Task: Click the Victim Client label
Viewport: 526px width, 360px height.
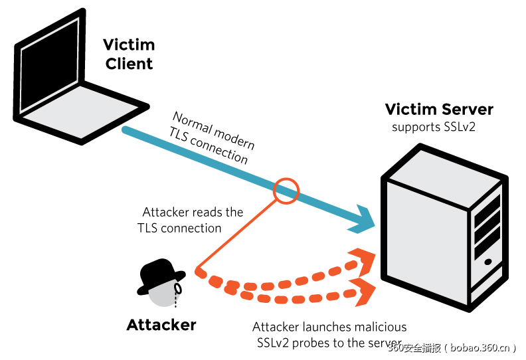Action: [129, 54]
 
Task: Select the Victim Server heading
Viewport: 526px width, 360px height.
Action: [439, 110]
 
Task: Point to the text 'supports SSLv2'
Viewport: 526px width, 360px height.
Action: [434, 127]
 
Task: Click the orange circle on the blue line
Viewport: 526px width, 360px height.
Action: [287, 190]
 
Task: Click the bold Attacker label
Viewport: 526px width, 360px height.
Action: [161, 325]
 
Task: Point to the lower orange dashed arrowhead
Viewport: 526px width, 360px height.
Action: [365, 292]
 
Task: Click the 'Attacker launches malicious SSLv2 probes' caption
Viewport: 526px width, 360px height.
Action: [329, 335]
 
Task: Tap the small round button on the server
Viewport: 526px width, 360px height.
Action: [488, 261]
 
